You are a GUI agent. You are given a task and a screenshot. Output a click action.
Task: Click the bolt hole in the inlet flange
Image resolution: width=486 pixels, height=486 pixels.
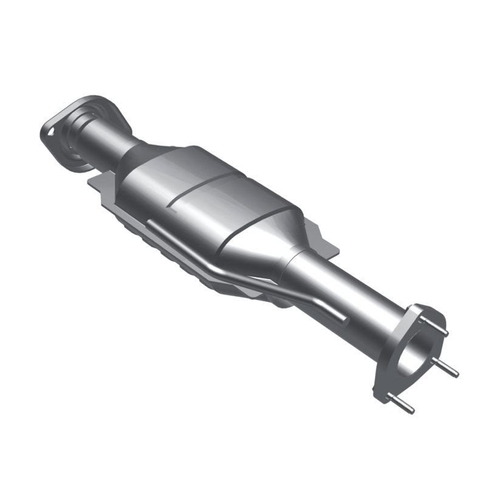click(50, 129)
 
